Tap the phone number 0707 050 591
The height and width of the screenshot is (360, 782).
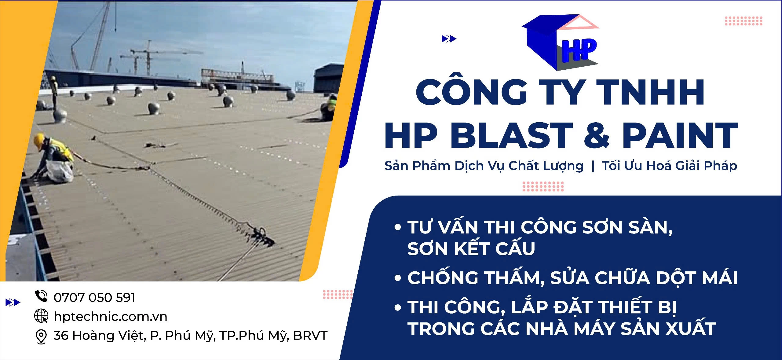[x=94, y=298]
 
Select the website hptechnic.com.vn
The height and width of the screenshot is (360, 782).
[x=110, y=317]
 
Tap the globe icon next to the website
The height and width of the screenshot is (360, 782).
[x=41, y=316]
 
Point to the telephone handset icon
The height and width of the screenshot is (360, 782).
[x=41, y=296]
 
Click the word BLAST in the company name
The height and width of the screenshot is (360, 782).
[x=512, y=135]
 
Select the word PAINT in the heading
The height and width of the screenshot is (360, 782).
[x=680, y=135]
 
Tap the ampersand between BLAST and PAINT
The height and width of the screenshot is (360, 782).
[x=597, y=135]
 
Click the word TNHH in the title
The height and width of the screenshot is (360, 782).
[x=650, y=92]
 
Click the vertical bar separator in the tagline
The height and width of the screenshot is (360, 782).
[x=593, y=166]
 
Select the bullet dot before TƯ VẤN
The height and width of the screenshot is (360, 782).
[x=397, y=227]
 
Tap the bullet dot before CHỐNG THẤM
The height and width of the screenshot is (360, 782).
[x=397, y=278]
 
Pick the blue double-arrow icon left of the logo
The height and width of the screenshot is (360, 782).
[x=449, y=39]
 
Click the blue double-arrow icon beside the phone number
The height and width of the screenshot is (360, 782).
[x=13, y=303]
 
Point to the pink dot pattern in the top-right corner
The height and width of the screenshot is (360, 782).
[x=744, y=21]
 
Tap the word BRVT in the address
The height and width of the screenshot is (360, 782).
[x=310, y=336]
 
